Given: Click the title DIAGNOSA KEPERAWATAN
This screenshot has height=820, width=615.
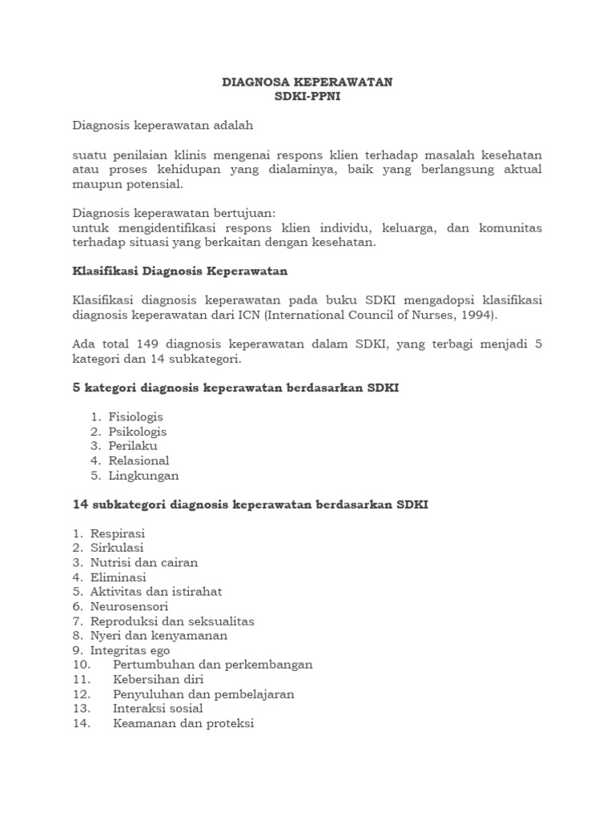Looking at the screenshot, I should point(307,82).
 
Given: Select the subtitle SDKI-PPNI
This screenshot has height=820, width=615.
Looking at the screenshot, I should point(307,96).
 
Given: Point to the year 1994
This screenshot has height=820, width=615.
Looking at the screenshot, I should point(479,315).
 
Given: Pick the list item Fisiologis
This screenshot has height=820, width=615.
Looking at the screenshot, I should point(135,417).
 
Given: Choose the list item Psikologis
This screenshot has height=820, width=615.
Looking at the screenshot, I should point(137,432).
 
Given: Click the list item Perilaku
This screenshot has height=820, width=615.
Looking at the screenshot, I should point(133,446).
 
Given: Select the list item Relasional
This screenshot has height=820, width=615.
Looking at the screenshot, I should point(139,460).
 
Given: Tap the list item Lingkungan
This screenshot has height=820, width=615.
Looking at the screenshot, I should point(143,475).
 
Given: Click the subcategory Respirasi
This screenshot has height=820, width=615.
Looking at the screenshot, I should point(118,533).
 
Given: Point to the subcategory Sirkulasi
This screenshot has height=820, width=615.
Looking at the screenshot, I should point(117,548).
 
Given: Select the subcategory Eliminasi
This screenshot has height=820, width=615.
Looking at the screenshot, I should point(119,577).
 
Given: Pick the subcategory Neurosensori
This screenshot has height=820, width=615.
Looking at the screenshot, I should point(130,606).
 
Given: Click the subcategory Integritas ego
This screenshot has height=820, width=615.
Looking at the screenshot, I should point(130,650).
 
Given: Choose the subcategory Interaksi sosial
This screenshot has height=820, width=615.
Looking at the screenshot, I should point(158,708).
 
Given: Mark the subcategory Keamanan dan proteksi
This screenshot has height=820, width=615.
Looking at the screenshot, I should point(183,723).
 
